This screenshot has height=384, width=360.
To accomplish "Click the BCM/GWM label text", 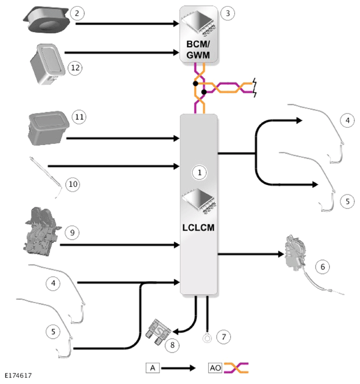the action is [x=198, y=49].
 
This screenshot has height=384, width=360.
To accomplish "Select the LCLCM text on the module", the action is [x=198, y=228].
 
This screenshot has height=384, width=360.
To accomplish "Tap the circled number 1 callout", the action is [x=199, y=173].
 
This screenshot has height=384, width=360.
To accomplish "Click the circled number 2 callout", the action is [x=77, y=13].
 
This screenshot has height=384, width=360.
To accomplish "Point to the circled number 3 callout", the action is [x=227, y=13].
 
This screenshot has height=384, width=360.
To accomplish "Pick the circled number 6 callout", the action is [x=322, y=266].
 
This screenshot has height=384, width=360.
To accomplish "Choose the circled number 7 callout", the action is [x=224, y=337].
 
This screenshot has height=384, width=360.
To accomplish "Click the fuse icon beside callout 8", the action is [x=158, y=332].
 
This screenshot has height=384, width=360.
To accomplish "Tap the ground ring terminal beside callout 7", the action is [x=207, y=338].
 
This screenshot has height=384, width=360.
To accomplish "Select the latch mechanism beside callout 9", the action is [x=42, y=231].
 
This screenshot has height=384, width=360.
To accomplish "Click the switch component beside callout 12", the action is [x=48, y=64].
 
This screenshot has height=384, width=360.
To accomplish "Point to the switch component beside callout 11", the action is [x=48, y=128].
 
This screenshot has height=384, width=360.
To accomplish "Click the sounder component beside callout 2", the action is [x=46, y=20].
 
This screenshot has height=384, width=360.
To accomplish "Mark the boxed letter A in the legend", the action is [x=153, y=368].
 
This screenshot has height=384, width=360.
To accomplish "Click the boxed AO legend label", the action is [x=215, y=368].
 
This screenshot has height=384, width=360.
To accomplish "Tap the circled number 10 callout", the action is [x=73, y=184].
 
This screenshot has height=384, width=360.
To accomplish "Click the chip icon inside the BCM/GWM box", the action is [x=199, y=23].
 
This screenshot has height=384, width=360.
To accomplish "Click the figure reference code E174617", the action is [x=19, y=376].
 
